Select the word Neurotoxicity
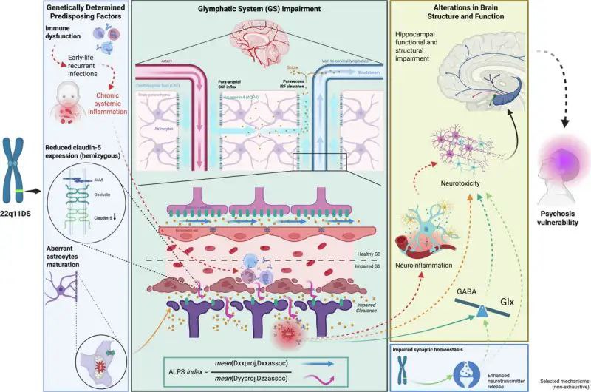(x=460, y=179)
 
